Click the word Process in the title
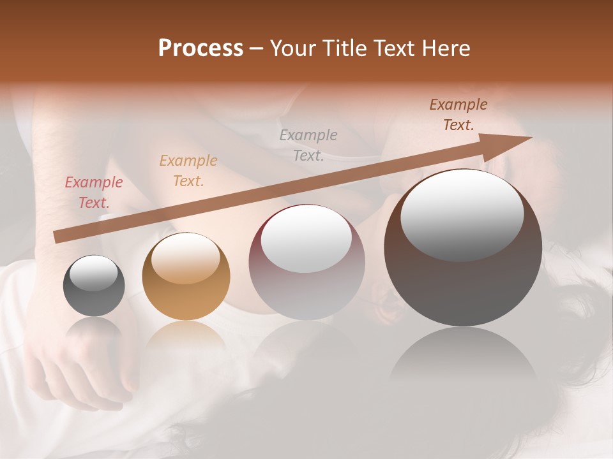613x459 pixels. point(201,48)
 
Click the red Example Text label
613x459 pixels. point(93,193)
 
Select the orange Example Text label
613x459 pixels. point(188,171)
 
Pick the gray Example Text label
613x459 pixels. point(308,145)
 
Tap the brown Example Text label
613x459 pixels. point(458,115)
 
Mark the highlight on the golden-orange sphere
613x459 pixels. point(186,258)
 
